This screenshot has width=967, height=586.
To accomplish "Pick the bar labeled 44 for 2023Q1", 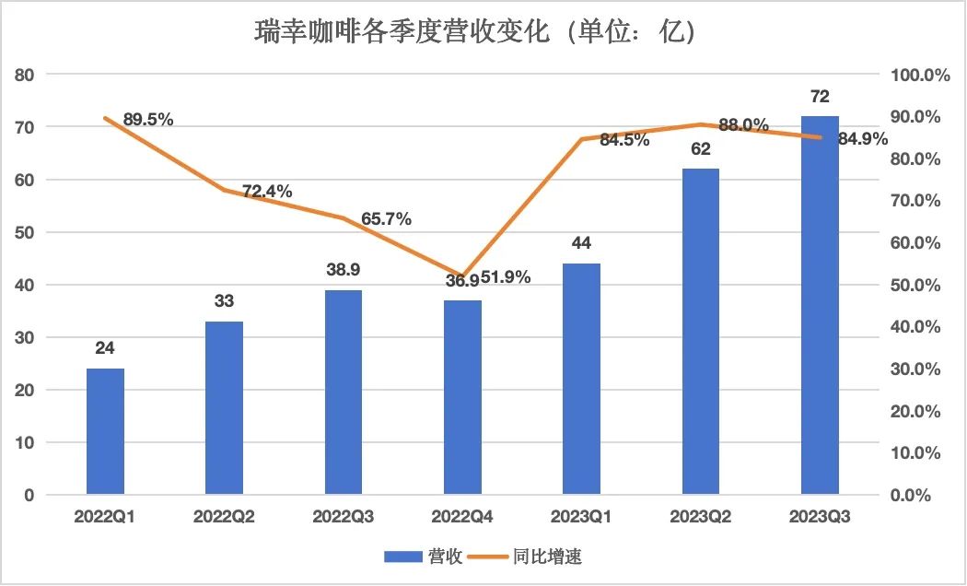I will (581, 379).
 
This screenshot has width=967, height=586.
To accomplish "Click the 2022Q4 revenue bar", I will (462, 397).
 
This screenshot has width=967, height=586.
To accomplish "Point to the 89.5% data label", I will (148, 119).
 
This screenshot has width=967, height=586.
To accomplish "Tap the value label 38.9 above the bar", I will (344, 270).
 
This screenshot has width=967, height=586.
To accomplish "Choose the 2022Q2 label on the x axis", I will (224, 518).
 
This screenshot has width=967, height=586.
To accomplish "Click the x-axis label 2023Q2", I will (701, 518).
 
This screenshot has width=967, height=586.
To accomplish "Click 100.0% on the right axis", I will (921, 76).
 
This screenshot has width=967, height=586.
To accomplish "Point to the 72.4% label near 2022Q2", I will (267, 192).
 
